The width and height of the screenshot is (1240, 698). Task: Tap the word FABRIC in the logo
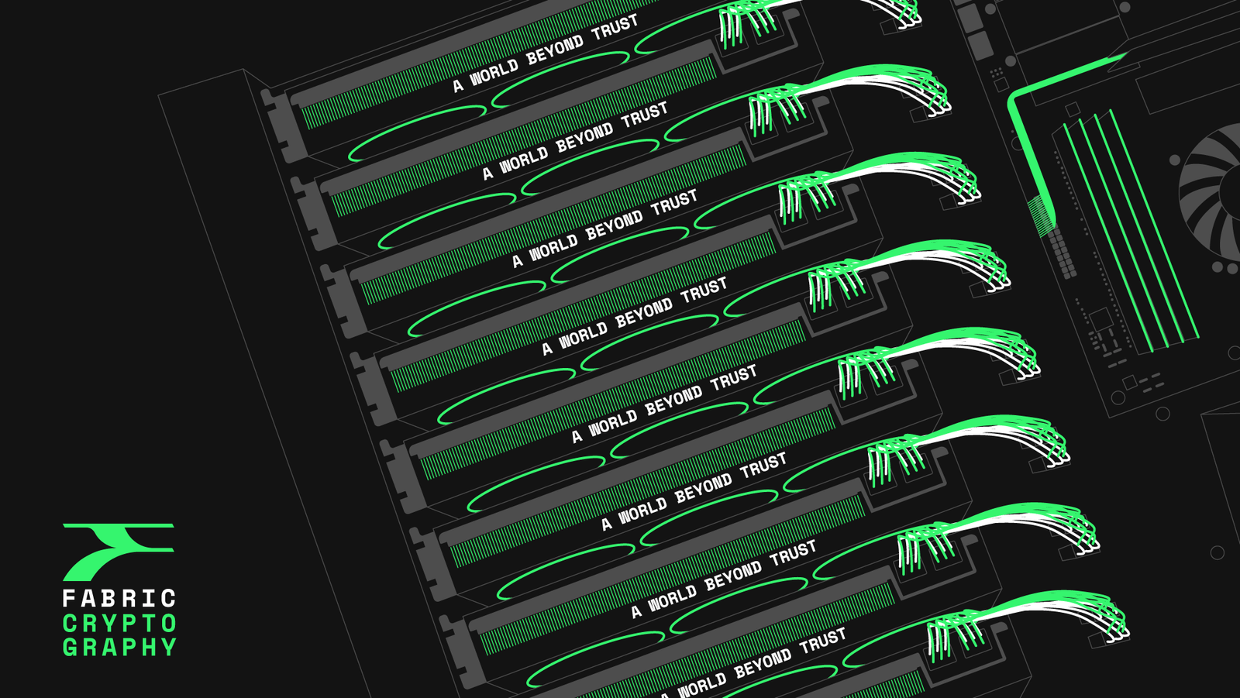[119, 598]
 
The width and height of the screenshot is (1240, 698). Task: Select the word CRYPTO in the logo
[119, 624]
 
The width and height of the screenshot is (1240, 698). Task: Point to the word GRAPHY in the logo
[119, 647]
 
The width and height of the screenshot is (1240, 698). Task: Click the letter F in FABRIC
[69, 598]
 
